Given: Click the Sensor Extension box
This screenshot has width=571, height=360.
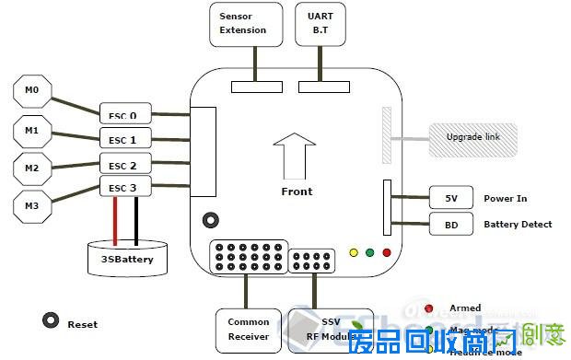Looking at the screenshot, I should click(x=243, y=24).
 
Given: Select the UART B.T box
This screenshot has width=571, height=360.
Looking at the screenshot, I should click(x=320, y=24).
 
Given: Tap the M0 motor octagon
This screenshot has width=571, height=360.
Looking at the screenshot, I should click(x=32, y=92).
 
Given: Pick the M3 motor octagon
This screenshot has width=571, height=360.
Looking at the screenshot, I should click(x=32, y=204).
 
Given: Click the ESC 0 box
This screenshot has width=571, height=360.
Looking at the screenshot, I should click(x=124, y=115).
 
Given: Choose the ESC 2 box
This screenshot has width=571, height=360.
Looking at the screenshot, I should click(x=124, y=165).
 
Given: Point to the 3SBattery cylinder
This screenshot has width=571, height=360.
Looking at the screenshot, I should click(x=127, y=257).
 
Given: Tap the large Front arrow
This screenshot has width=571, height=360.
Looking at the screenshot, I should click(x=295, y=155).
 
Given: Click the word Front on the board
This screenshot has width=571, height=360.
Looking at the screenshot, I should click(x=297, y=192).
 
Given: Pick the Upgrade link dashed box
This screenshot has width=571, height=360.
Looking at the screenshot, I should click(x=473, y=137).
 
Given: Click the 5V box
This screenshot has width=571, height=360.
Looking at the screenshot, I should click(x=450, y=198).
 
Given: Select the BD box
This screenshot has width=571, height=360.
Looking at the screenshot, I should click(x=450, y=224).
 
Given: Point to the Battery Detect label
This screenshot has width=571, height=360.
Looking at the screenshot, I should click(x=518, y=224).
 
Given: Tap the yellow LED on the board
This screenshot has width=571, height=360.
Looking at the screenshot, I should click(x=354, y=251).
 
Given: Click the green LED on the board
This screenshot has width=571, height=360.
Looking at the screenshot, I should click(x=370, y=251).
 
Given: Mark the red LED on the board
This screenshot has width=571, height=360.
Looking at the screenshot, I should click(x=387, y=251).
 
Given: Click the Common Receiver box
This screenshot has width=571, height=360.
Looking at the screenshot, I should click(x=248, y=329).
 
